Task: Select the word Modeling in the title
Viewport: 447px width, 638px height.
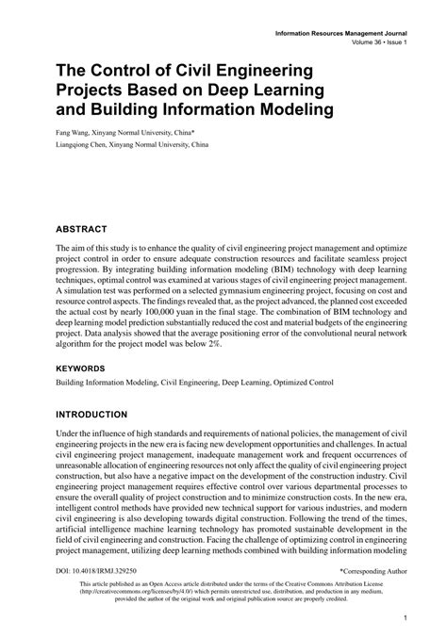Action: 289,110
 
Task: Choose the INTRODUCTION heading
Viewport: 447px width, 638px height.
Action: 105,414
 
